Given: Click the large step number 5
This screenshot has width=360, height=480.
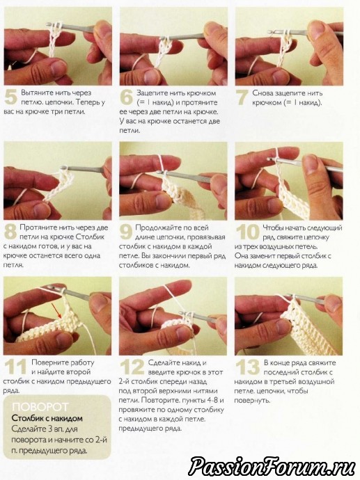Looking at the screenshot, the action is pos(10,97).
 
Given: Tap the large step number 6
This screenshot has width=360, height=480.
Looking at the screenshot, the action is pos(126,97).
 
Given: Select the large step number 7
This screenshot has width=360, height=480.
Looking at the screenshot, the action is pos(242,97).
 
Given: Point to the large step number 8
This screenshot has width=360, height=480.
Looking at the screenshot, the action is pos(10,232).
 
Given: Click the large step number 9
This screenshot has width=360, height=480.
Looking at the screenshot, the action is pos(126,232).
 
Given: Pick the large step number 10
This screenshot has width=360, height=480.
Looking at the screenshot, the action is pos(248,232).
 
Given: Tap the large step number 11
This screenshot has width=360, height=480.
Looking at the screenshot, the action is pos(15,367).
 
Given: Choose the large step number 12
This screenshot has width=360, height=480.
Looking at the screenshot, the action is pos(132,367).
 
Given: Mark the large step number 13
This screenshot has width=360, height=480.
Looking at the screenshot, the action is pos(248,367).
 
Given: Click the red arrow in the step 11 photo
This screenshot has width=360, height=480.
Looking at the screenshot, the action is pos(56,310).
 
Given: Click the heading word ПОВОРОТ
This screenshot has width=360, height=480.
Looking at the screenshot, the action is pos(40,406).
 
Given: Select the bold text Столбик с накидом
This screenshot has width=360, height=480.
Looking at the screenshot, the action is pos(47,418).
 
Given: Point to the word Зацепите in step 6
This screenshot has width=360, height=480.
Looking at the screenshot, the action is pos(151,93).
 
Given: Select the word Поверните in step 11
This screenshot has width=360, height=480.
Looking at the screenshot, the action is pos(49,362).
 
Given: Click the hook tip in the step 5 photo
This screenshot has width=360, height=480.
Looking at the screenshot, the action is pos(48,24).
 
